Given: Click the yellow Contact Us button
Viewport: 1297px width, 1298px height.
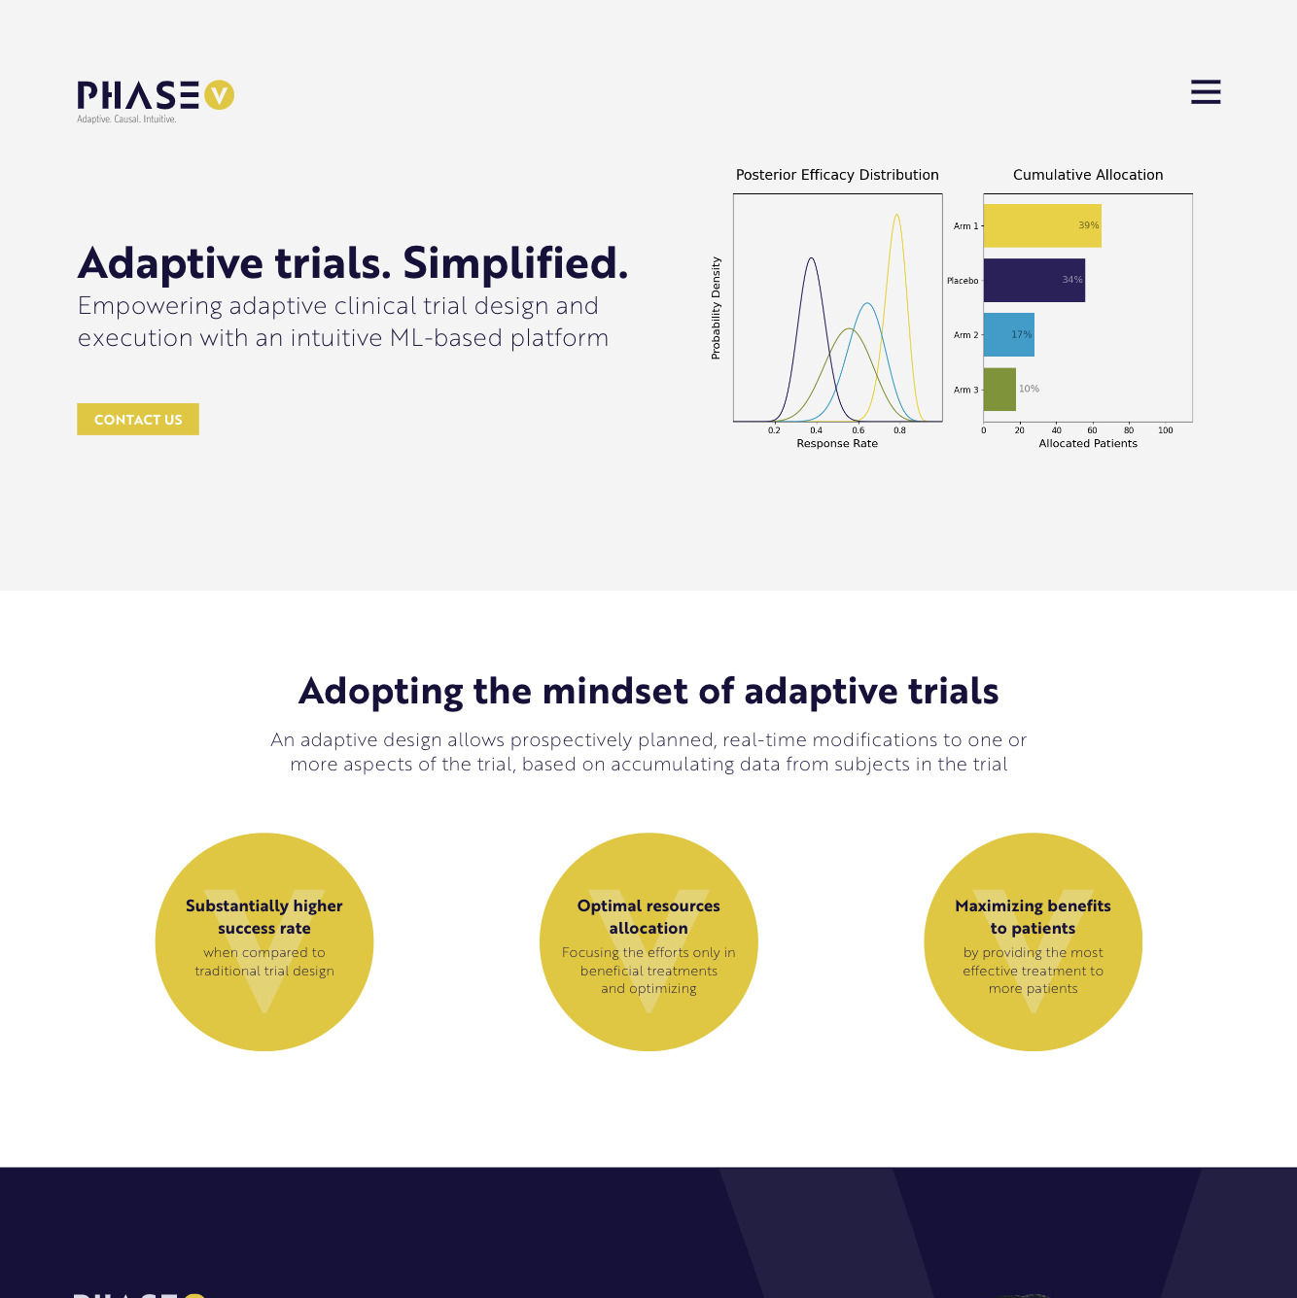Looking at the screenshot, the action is tap(137, 419).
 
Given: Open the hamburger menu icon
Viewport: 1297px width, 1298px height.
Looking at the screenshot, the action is tap(1206, 91).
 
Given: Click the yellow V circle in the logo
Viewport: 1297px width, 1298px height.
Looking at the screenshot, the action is tap(219, 95).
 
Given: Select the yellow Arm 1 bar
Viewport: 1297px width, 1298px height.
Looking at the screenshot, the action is tap(1042, 225).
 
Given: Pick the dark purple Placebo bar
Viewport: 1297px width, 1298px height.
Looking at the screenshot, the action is tap(1034, 280).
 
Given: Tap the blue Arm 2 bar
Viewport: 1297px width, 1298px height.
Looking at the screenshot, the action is tap(1008, 335).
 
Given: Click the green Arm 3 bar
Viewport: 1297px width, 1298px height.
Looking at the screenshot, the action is tap(999, 390).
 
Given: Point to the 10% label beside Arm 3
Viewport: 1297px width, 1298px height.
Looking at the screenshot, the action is tap(1029, 389).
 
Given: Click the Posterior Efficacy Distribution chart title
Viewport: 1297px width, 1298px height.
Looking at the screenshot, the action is tap(837, 175).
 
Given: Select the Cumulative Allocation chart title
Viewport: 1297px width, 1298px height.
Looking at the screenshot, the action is tap(1088, 175).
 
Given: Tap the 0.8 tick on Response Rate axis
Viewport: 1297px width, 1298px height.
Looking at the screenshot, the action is tap(899, 430).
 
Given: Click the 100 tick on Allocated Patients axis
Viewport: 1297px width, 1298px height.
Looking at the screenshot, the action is tap(1165, 430).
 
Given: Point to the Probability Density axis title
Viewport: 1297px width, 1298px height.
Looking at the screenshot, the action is tap(716, 308).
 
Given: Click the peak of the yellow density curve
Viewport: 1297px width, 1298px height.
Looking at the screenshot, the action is tap(896, 215).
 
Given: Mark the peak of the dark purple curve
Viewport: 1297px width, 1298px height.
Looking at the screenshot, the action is tap(812, 258).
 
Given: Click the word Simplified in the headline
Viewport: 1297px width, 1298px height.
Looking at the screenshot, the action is tap(515, 262).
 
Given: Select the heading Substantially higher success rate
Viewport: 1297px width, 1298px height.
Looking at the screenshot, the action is tap(264, 917).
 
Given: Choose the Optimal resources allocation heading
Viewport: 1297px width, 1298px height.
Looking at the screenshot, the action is tap(648, 917).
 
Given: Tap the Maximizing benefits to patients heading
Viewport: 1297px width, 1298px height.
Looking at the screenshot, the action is tap(1033, 917).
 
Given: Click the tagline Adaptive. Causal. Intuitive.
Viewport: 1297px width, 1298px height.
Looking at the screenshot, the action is tap(126, 120).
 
